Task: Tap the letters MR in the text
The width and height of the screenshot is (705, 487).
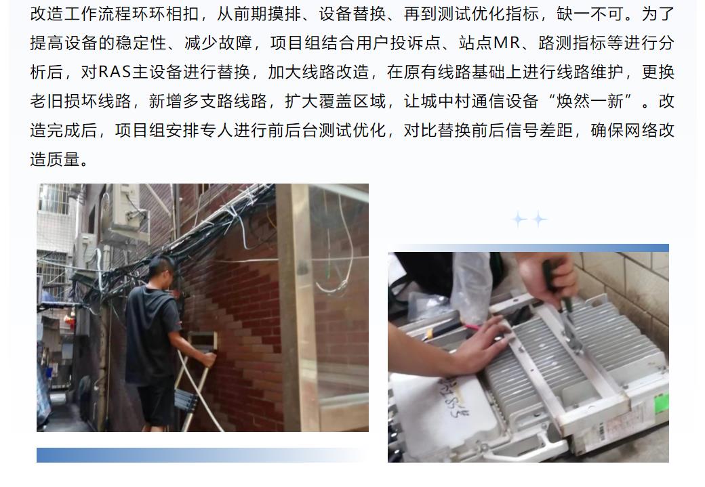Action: click(506, 43)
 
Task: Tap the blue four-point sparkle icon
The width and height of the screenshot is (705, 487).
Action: click(529, 219)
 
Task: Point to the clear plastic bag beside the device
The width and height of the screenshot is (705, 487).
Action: click(470, 278)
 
